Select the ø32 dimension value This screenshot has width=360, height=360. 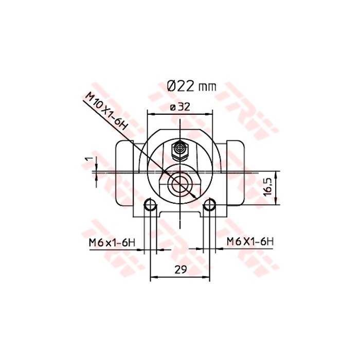pos(180,106)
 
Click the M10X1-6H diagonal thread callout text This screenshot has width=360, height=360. pos(105,111)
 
